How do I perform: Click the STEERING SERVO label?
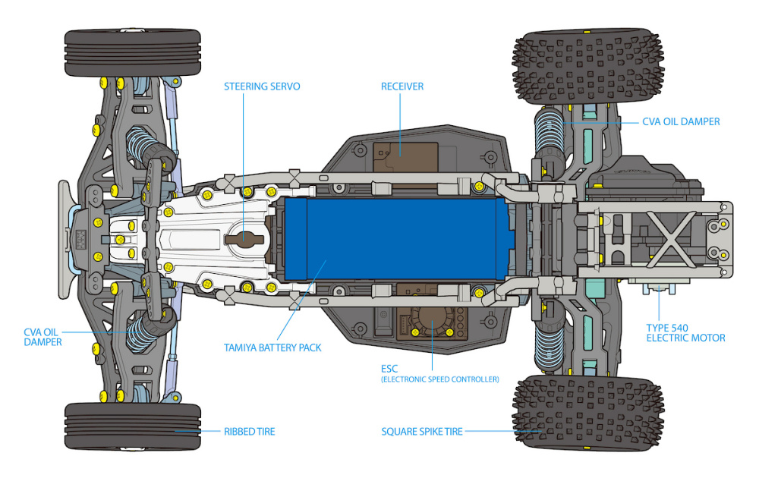(262, 86)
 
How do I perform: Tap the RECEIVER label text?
(402, 86)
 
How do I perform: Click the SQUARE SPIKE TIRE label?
(422, 432)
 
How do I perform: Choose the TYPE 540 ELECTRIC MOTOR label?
(685, 332)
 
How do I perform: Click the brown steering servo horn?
(244, 237)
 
